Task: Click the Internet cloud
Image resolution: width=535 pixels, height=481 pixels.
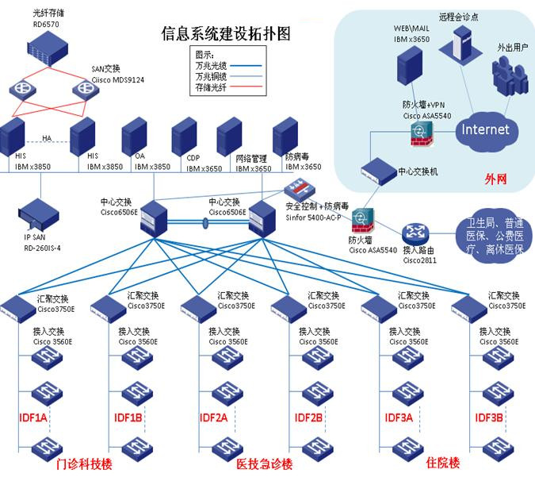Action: click(485, 129)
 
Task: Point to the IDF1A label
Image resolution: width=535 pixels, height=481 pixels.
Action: click(34, 418)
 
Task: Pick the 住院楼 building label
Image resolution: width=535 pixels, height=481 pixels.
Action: click(442, 463)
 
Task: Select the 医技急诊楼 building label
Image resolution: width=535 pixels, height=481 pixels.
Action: click(265, 464)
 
